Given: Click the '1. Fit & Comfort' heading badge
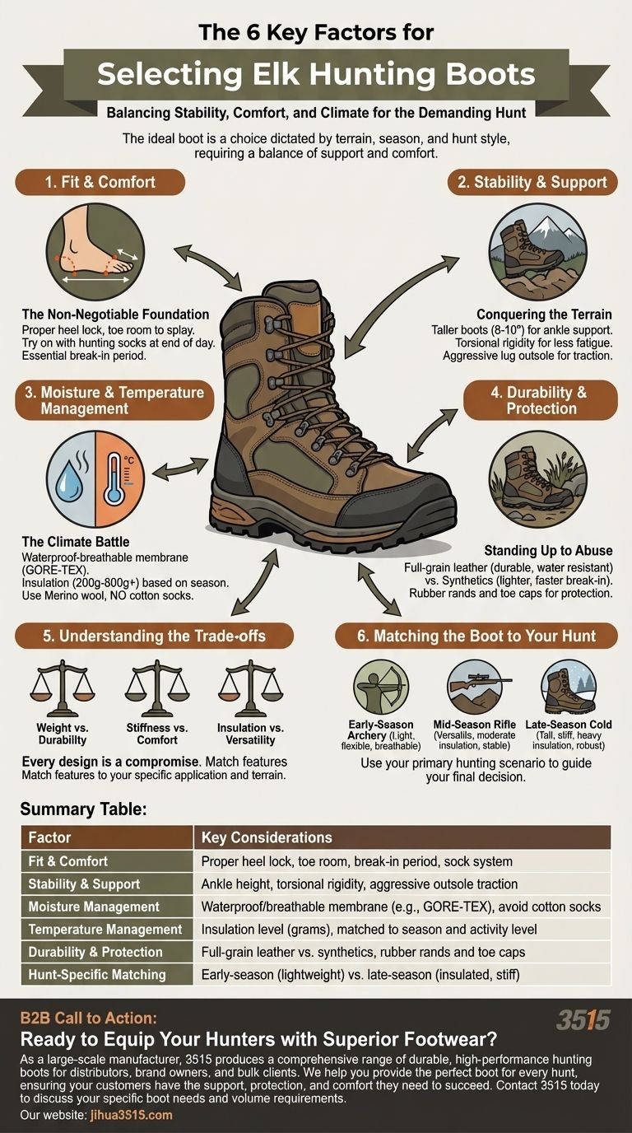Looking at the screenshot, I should coord(100,182).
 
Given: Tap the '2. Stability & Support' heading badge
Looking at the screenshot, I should coord(532,182).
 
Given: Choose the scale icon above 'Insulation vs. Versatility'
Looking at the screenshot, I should coord(251,688).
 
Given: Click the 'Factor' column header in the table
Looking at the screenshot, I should coord(49,837).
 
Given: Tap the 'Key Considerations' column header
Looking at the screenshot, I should coord(267,837).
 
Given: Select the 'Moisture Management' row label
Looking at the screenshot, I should coord(94,907).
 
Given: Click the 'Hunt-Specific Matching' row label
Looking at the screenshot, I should coord(97,975).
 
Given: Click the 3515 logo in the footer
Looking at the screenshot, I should coord(583,1020).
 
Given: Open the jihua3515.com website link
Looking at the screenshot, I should coord(127,1115).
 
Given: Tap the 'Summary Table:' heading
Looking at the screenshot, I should coord(83,809).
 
